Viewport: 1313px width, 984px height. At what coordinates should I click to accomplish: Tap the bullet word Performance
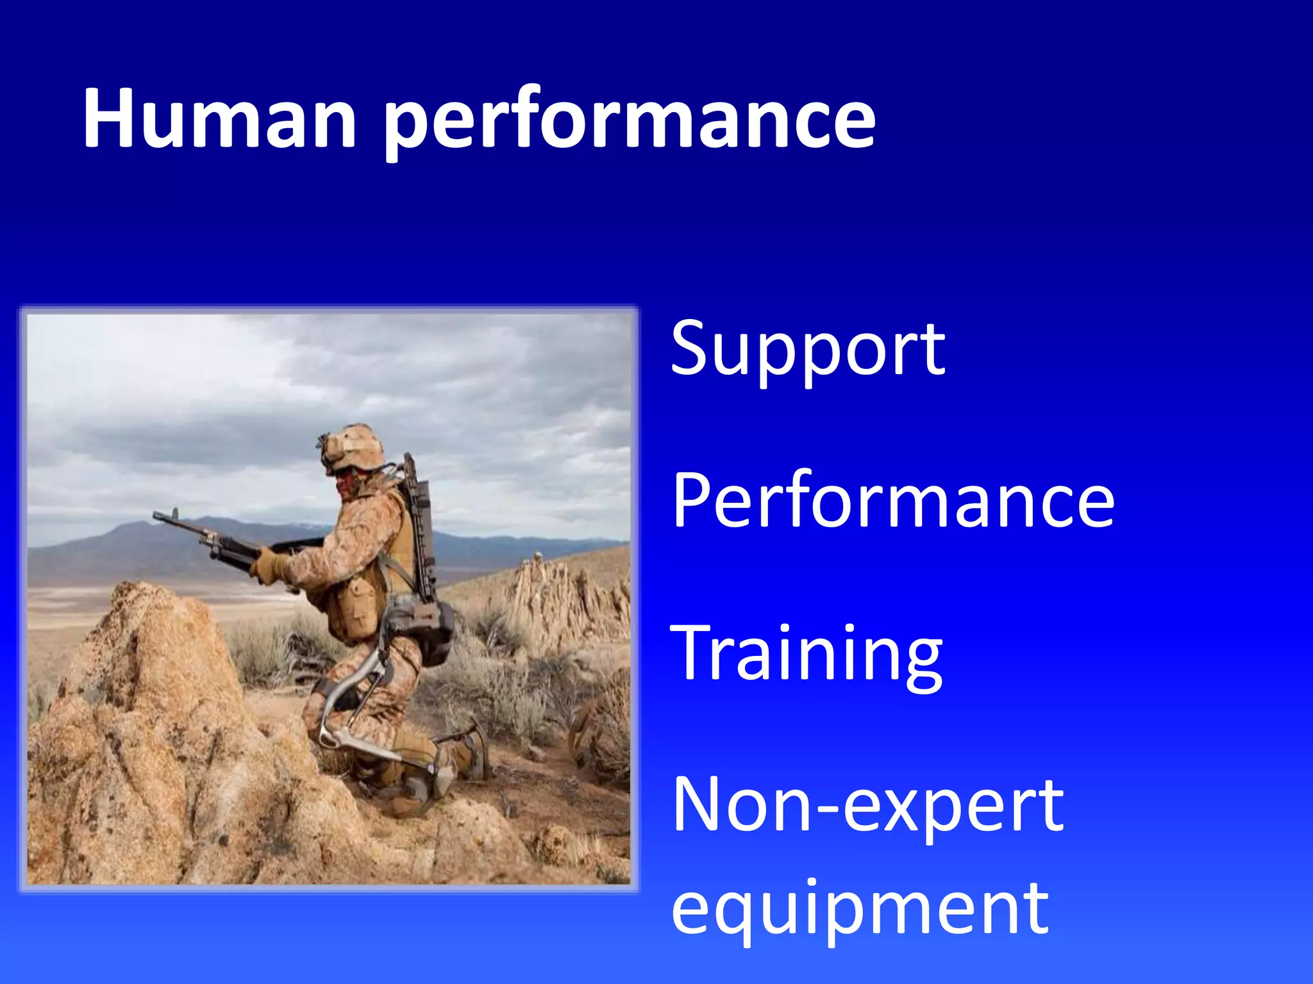point(893,500)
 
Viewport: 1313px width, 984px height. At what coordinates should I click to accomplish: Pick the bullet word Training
point(806,653)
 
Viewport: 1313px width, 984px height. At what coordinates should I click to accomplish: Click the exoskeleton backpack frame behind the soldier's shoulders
point(420,519)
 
